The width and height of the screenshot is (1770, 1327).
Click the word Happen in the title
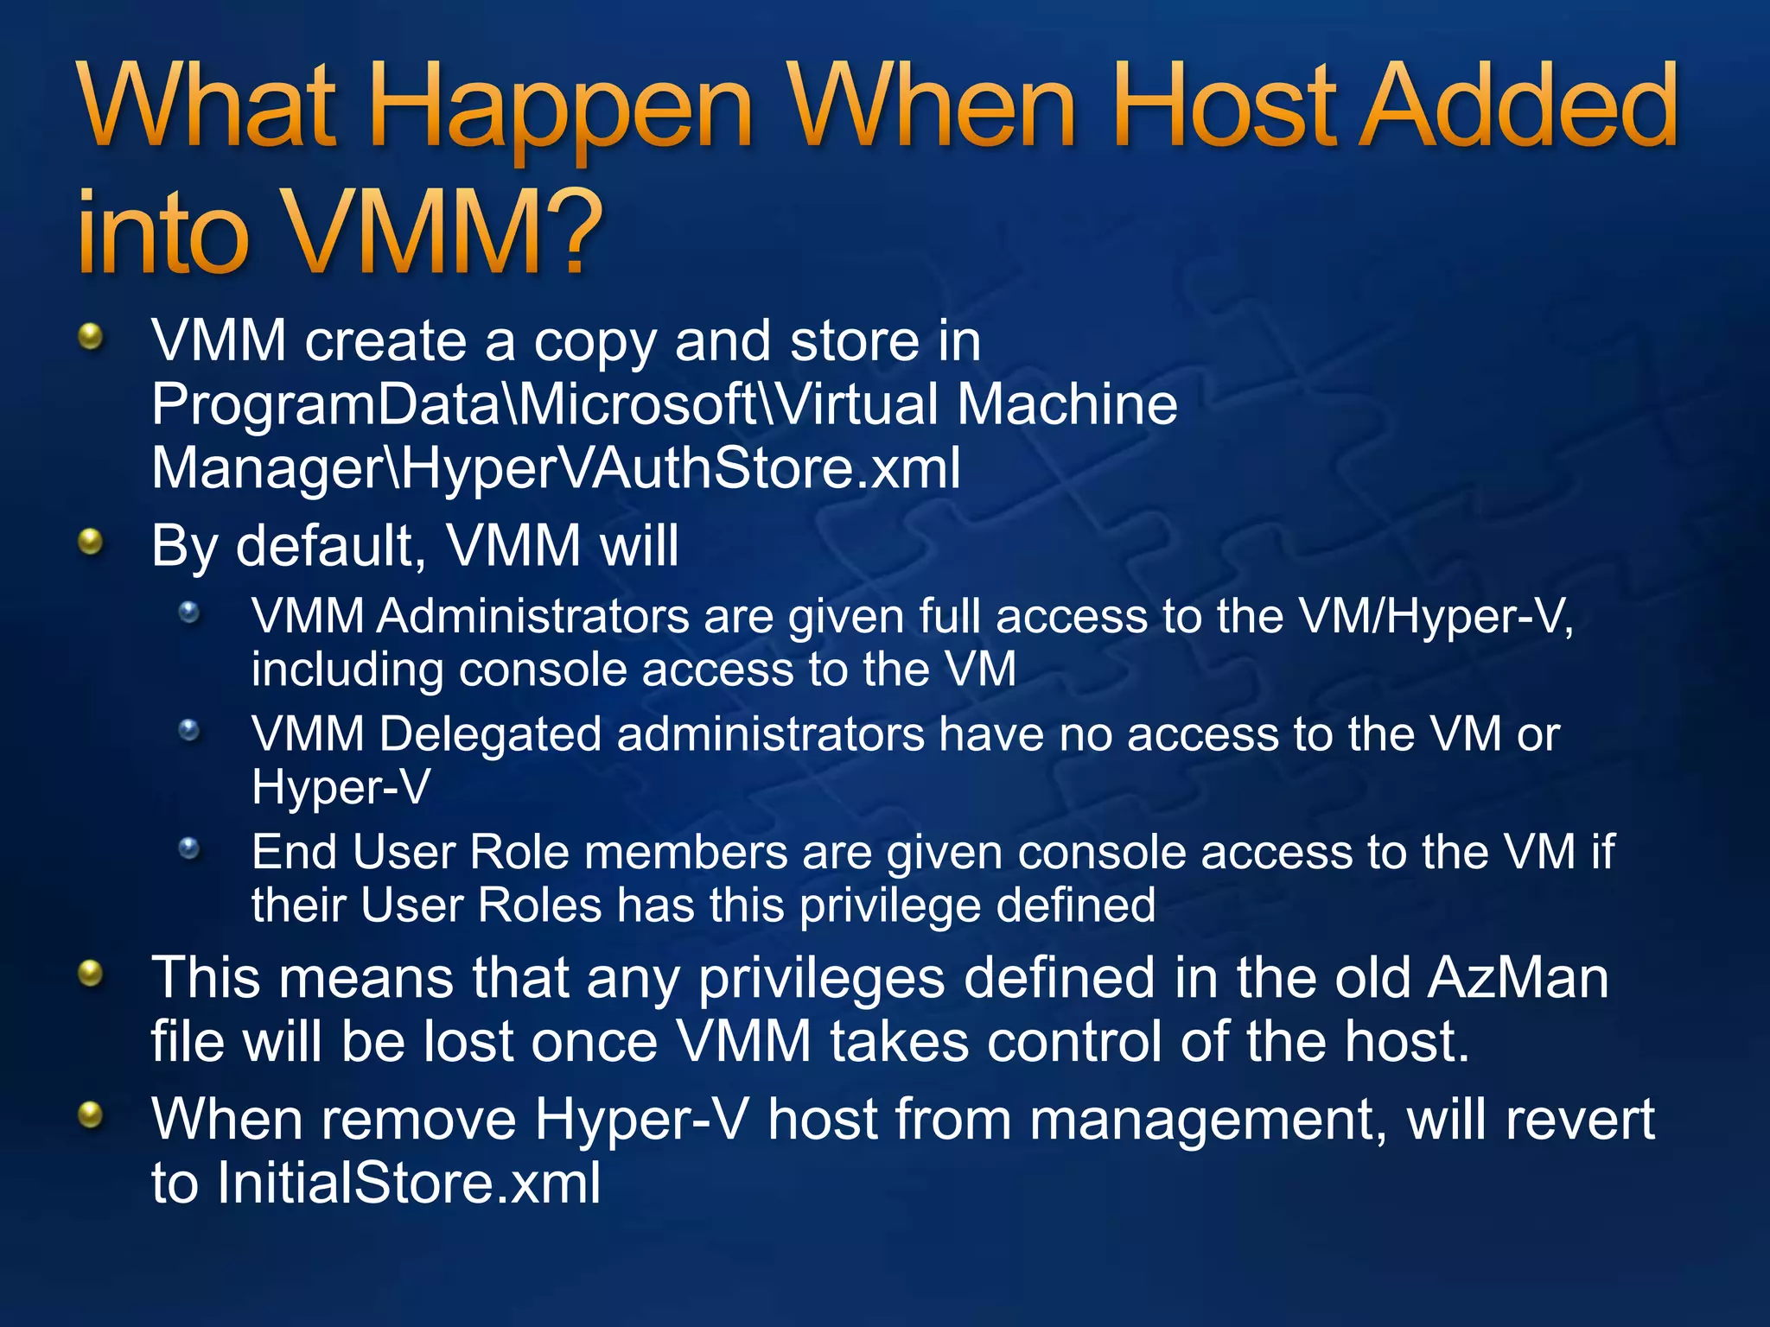tap(562, 108)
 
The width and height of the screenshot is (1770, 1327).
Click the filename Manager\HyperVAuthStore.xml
tap(556, 467)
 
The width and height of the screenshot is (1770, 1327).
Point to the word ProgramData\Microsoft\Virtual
tap(544, 403)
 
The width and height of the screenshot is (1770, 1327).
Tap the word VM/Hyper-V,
tap(1436, 617)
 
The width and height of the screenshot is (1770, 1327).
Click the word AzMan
tap(1518, 978)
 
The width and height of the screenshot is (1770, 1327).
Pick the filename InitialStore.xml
tap(408, 1182)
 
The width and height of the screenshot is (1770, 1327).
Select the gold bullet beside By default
tap(90, 543)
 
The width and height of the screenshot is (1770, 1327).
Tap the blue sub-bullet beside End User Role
tap(189, 848)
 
